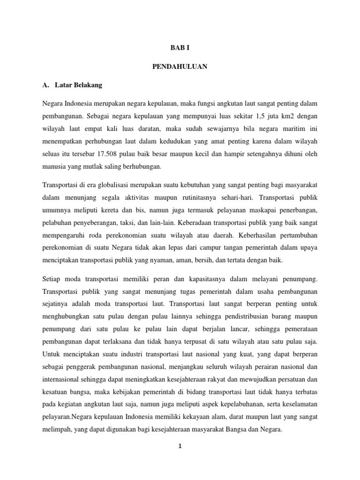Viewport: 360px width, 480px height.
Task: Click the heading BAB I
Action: (180, 47)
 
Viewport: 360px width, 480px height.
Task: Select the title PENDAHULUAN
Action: (180, 67)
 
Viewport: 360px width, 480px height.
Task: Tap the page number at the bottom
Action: (180, 446)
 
